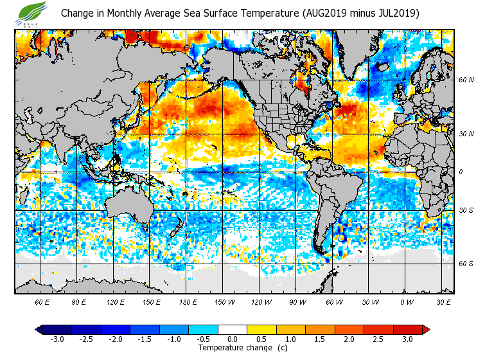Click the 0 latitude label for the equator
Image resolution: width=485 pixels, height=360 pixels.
click(x=461, y=172)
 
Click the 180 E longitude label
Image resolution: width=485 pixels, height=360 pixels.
click(x=188, y=301)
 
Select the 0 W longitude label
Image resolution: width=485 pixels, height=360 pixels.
click(x=407, y=301)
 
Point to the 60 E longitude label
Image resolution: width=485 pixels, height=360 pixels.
click(x=43, y=301)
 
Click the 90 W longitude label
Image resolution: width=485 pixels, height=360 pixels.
click(x=297, y=301)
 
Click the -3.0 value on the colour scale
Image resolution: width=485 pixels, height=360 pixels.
click(x=57, y=339)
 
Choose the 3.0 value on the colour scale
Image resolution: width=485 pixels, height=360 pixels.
click(x=407, y=339)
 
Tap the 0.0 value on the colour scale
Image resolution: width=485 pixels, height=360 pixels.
click(x=232, y=339)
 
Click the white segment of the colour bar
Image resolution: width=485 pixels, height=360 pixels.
click(x=232, y=330)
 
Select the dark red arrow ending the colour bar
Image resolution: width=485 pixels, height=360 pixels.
click(x=425, y=330)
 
